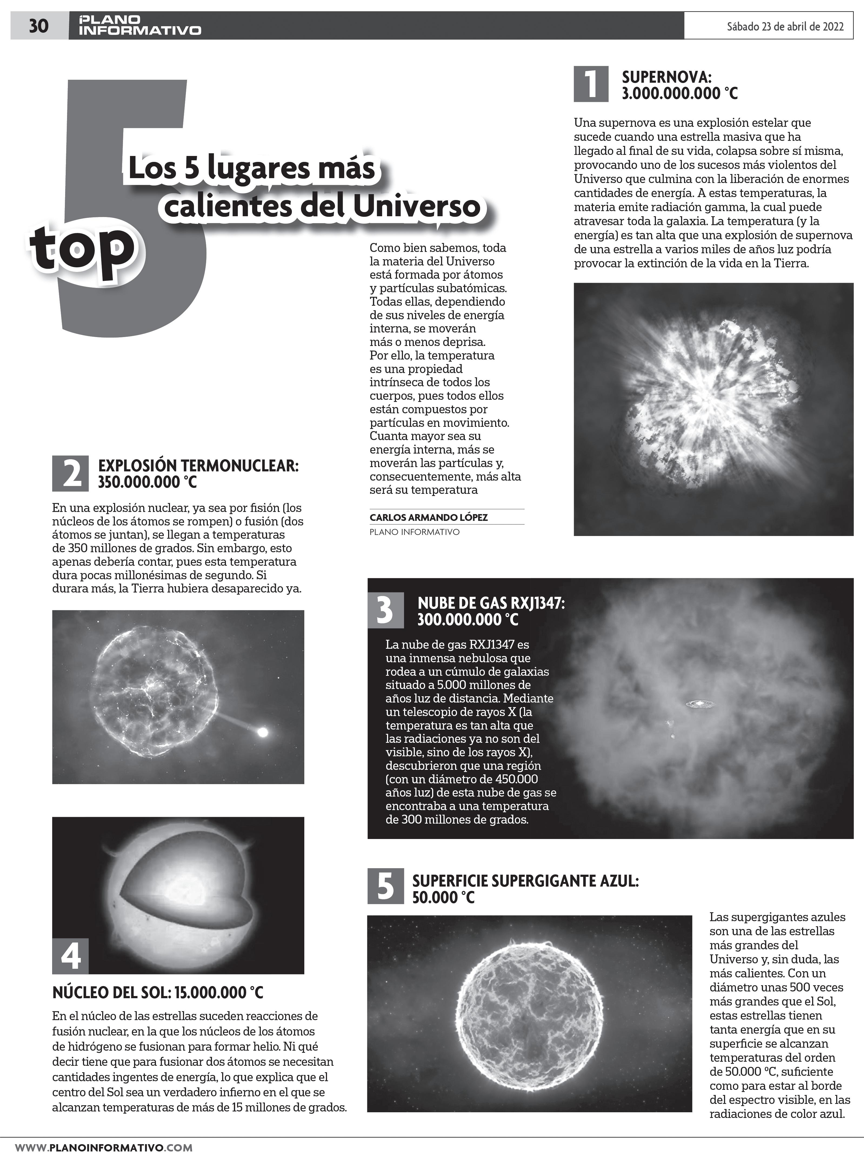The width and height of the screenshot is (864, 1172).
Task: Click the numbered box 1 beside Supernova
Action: click(591, 84)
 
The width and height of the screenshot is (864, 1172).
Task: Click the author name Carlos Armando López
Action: click(428, 517)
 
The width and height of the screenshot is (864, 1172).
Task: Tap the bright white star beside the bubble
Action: click(263, 732)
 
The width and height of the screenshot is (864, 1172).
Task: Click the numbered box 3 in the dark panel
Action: click(385, 610)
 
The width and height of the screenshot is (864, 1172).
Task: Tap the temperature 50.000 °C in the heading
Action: click(443, 897)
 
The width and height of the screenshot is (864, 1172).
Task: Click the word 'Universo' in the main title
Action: click(416, 207)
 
